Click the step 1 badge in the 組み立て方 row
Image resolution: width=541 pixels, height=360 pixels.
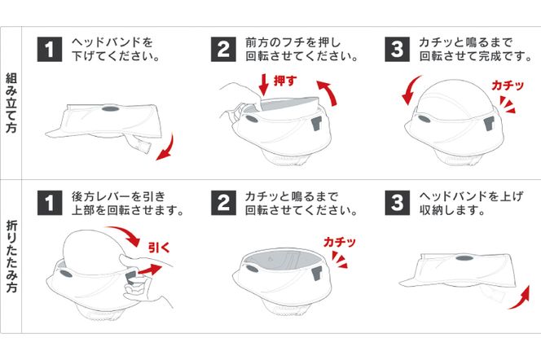coord(50,49)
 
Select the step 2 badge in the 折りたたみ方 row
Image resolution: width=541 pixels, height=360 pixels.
coord(223,203)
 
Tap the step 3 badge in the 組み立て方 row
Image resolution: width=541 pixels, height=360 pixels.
coord(397,49)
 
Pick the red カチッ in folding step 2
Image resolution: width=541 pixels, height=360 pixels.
coord(339,242)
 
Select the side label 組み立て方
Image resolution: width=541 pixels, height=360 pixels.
coord(13,103)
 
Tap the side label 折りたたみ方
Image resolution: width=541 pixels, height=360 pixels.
coord(13,259)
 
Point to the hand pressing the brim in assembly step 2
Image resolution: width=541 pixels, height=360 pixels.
coord(236,98)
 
